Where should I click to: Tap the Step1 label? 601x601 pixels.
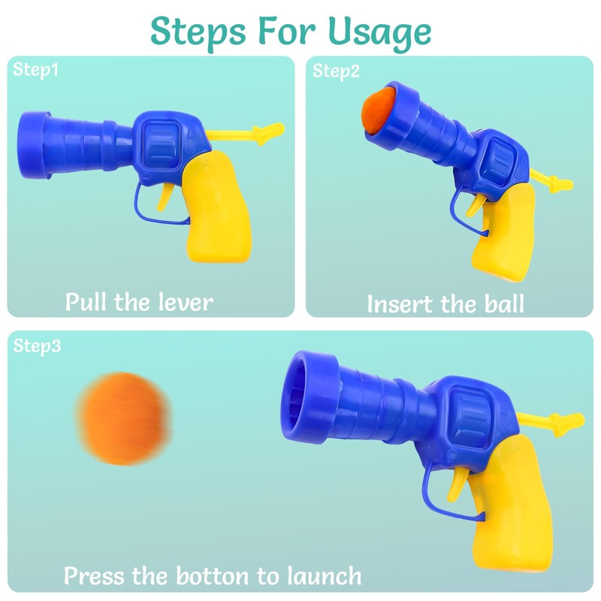pyautogui.click(x=35, y=70)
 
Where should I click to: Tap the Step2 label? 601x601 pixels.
pyautogui.click(x=336, y=71)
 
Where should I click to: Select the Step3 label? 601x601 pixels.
pyautogui.click(x=37, y=346)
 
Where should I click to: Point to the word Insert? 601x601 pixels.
pyautogui.click(x=400, y=304)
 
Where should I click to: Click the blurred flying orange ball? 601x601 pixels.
pyautogui.click(x=122, y=418)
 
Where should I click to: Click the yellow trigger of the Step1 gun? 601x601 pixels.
pyautogui.click(x=165, y=197)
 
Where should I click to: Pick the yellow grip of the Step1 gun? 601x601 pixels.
pyautogui.click(x=216, y=207)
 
